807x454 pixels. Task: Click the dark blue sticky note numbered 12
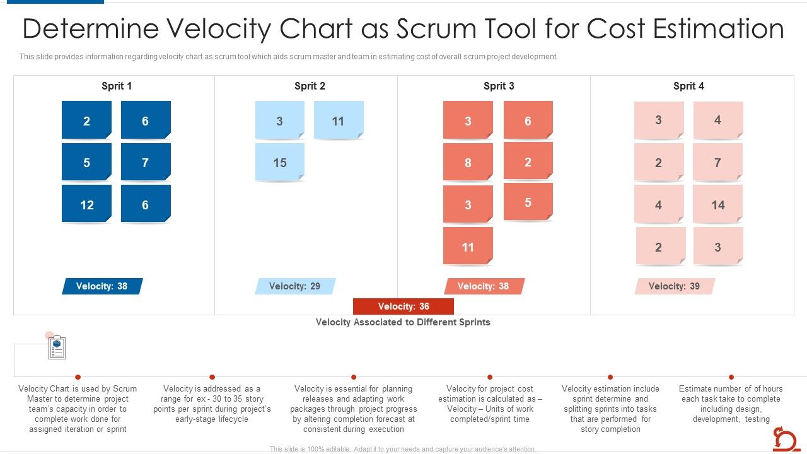point(86,204)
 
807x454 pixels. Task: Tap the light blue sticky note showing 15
point(280,162)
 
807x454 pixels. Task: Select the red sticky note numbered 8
point(468,162)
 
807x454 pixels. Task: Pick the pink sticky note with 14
point(717,204)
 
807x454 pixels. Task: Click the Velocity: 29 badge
point(295,286)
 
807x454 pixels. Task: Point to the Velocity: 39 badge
point(675,286)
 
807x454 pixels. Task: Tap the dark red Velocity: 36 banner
point(403,306)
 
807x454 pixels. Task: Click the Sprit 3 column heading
point(499,86)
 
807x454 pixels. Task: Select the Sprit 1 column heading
point(117,86)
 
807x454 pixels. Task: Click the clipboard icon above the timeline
point(57,347)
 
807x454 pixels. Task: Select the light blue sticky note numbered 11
point(339,120)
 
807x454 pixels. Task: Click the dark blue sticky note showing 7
point(146,162)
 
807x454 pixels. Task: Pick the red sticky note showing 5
point(528,202)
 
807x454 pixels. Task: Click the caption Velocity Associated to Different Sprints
point(403,322)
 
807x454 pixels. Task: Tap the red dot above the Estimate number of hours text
point(731,377)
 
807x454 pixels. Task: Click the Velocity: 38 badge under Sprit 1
point(102,286)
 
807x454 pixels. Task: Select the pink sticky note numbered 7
point(717,162)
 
